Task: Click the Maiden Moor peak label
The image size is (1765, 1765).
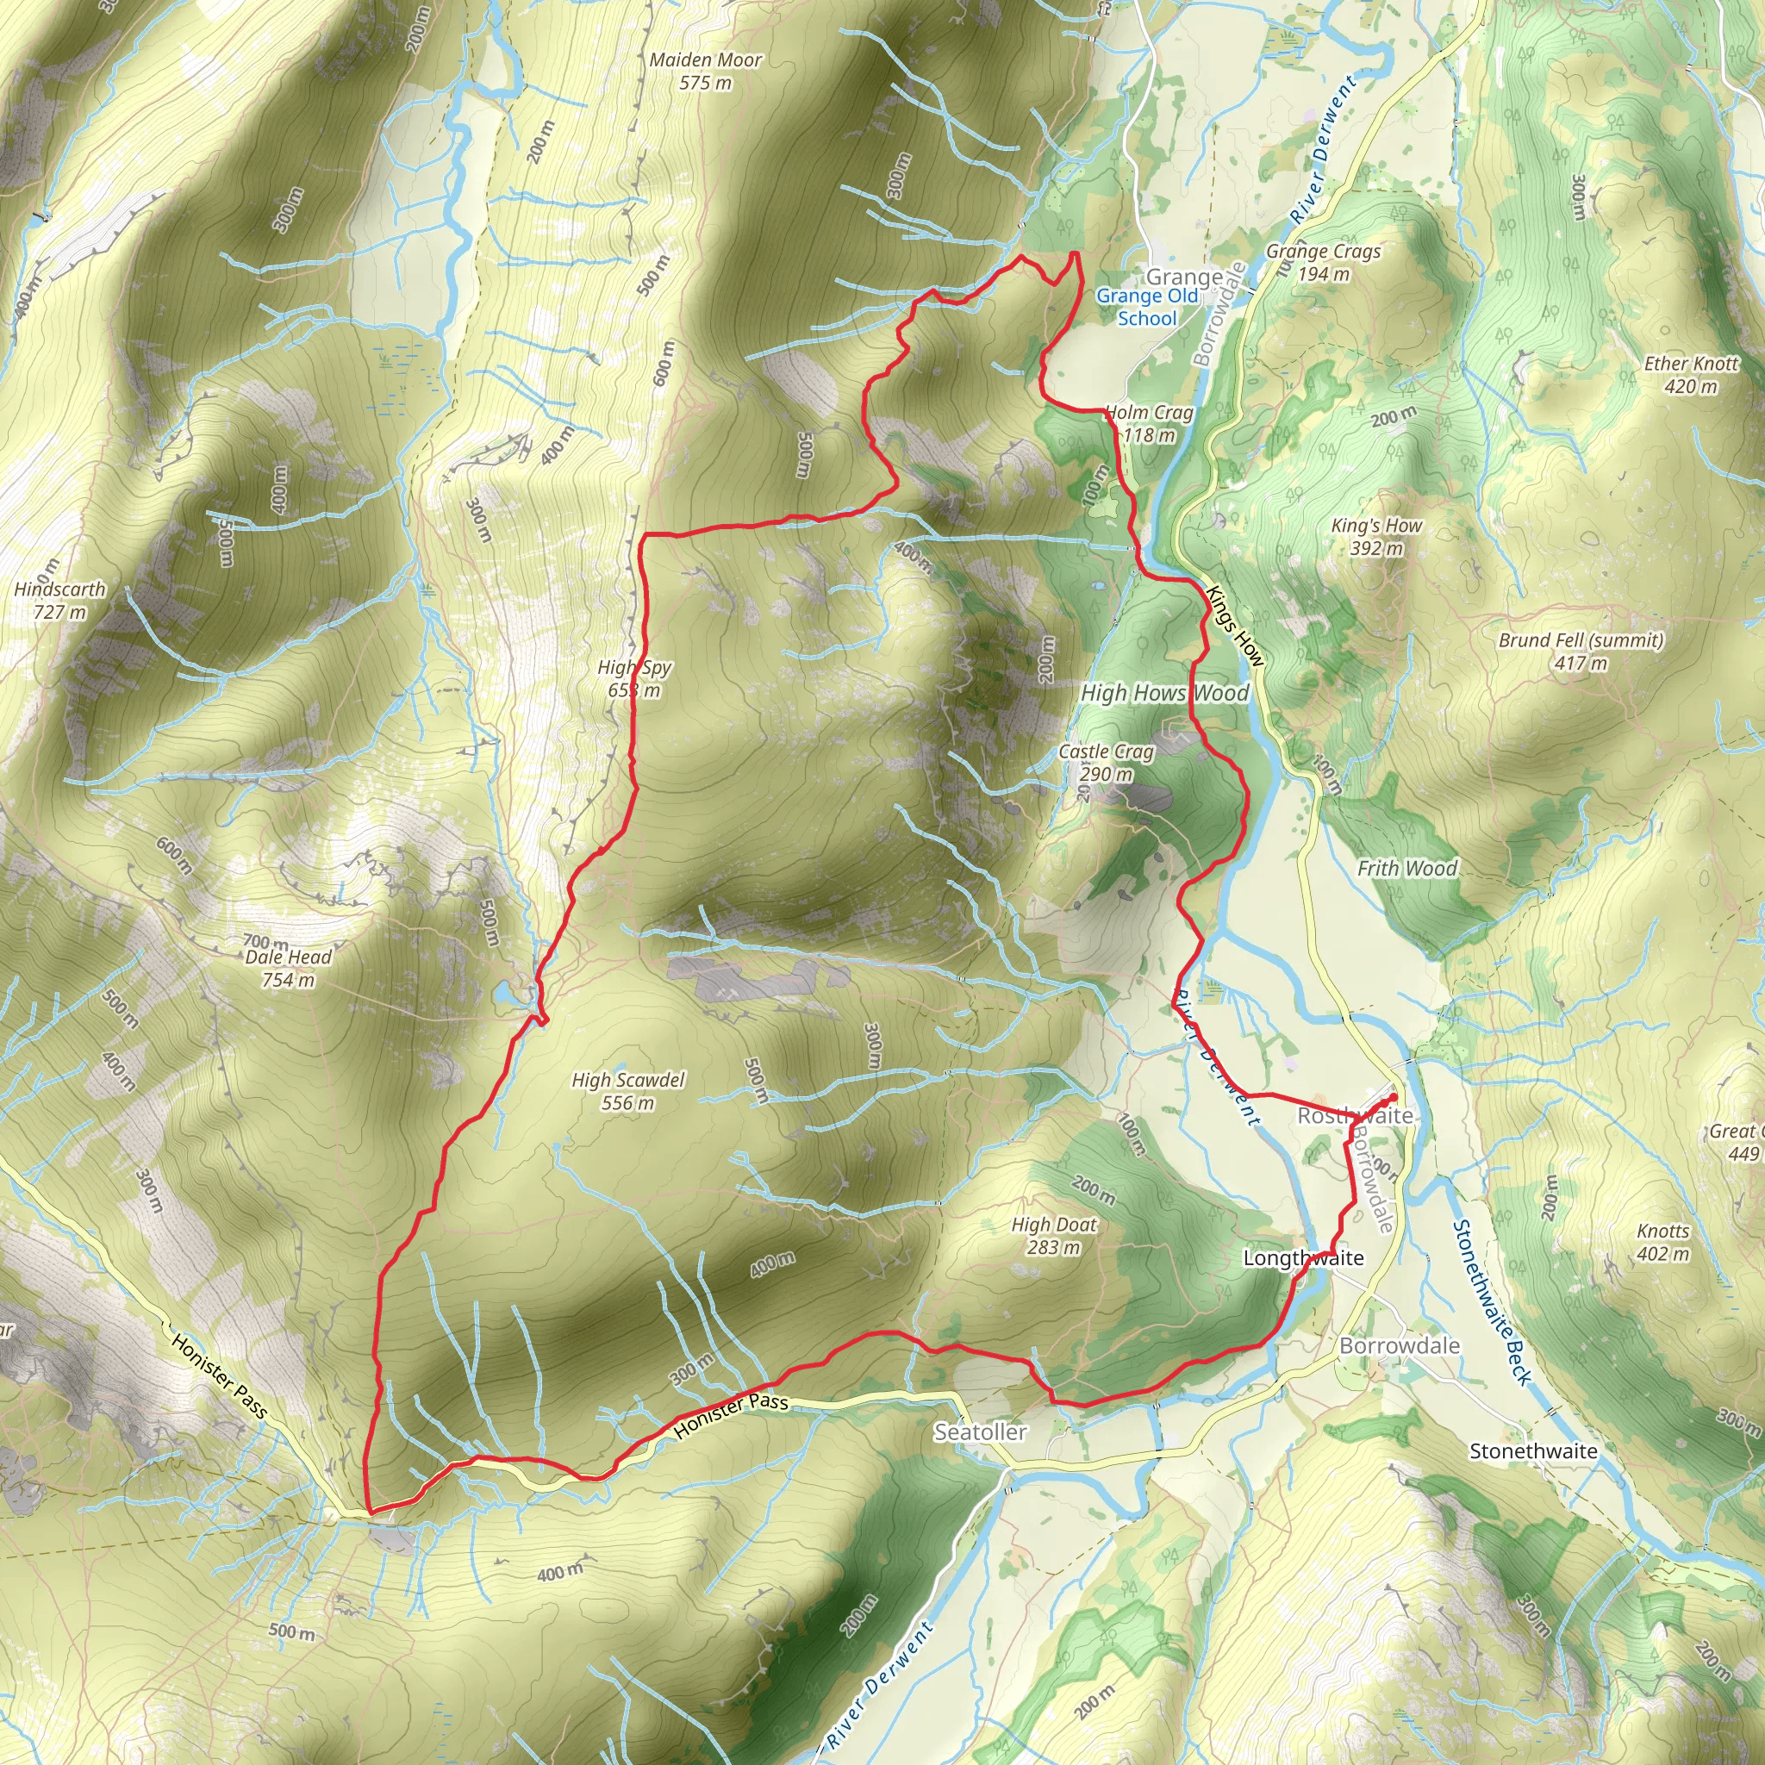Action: point(705,72)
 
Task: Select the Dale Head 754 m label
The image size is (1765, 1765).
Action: point(288,969)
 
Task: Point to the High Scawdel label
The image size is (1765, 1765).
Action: point(627,1091)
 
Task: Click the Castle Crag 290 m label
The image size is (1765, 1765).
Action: point(1107,763)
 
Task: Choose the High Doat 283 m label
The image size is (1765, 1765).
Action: point(1053,1235)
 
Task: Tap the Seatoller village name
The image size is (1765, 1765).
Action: point(979,1431)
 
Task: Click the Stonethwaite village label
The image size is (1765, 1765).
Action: point(1533,1450)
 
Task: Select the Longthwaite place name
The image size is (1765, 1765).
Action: point(1303,1258)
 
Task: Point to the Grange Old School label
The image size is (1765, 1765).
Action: point(1147,307)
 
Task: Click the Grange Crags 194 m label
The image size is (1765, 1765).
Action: point(1323,262)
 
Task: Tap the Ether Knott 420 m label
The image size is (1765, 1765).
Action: point(1691,375)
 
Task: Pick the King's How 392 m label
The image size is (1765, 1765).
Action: point(1376,536)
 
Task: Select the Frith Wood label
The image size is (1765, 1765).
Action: point(1406,868)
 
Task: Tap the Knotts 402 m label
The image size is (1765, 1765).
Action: point(1662,1242)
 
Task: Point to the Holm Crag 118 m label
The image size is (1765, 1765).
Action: point(1148,424)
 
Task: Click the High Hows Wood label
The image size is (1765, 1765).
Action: point(1163,694)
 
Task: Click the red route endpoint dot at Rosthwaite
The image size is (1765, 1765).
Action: point(1394,1096)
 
